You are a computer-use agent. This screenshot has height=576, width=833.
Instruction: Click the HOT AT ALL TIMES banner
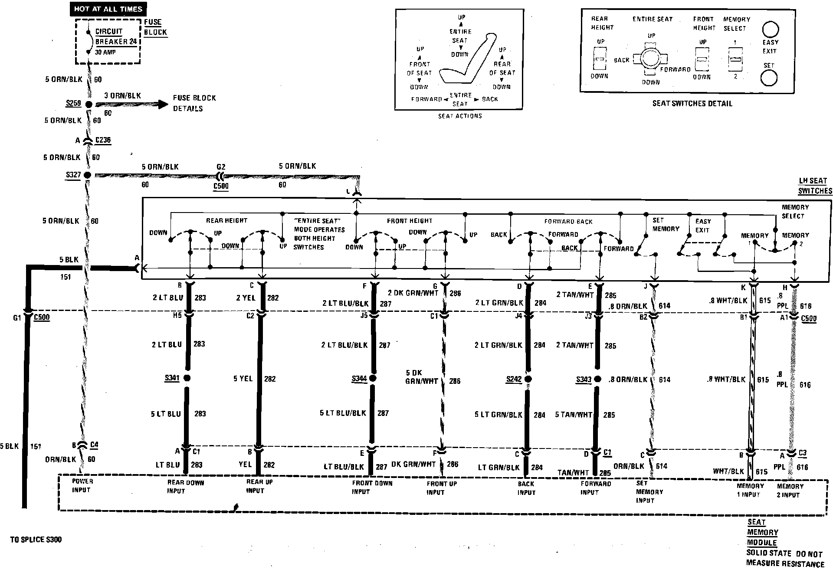tap(108, 9)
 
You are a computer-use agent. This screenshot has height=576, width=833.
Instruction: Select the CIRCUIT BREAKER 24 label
tap(116, 37)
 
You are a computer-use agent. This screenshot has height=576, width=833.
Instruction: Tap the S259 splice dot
tap(89, 105)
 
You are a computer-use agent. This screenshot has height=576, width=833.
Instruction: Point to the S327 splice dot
tap(87, 175)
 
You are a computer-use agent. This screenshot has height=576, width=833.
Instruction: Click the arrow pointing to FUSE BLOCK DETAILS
tap(161, 104)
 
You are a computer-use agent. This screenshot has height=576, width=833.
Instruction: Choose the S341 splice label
tap(172, 378)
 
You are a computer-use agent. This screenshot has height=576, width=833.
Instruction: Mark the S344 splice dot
tap(373, 379)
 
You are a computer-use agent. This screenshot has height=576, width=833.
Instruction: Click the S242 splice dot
tap(528, 379)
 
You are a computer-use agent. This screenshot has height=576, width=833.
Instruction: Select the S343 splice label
tap(584, 380)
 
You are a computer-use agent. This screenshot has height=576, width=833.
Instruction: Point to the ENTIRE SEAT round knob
tap(650, 58)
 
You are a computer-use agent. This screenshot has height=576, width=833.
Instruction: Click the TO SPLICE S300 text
tap(36, 540)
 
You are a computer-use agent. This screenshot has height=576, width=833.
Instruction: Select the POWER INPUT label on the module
tap(82, 485)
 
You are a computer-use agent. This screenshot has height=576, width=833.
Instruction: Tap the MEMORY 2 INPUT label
tap(790, 491)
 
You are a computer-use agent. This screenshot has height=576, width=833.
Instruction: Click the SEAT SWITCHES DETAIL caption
tap(692, 103)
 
